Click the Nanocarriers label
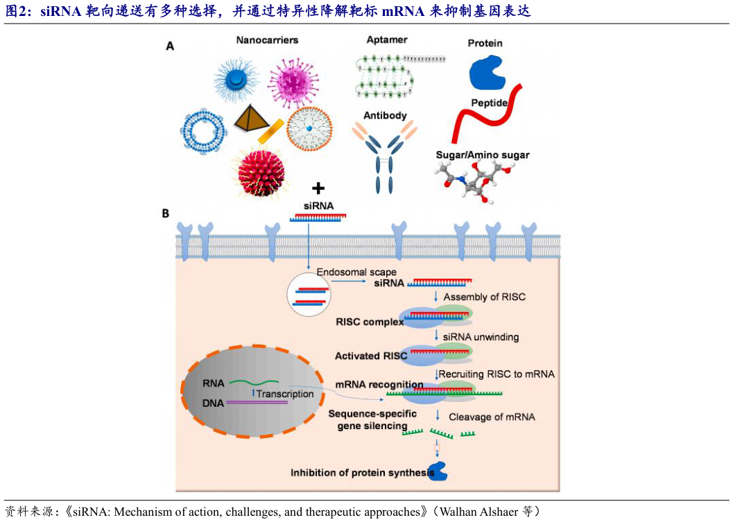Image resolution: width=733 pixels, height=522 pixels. [x=267, y=40]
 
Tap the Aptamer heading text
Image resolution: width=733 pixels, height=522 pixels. [x=387, y=40]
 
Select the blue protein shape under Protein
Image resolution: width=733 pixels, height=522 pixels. [x=489, y=73]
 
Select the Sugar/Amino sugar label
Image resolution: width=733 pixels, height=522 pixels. [x=482, y=155]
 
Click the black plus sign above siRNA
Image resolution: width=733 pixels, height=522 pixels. [x=318, y=188]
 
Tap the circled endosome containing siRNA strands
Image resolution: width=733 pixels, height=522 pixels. [x=309, y=296]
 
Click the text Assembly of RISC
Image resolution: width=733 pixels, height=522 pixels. [x=484, y=297]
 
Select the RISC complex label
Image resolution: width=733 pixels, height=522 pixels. [x=370, y=322]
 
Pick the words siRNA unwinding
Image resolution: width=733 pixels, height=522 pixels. [x=481, y=337]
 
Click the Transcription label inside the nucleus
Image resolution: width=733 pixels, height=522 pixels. [x=285, y=394]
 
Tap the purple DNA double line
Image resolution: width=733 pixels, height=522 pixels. [x=257, y=403]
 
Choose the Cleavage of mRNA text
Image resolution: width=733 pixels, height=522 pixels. [x=492, y=417]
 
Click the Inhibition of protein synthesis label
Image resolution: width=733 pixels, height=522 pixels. [x=359, y=473]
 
